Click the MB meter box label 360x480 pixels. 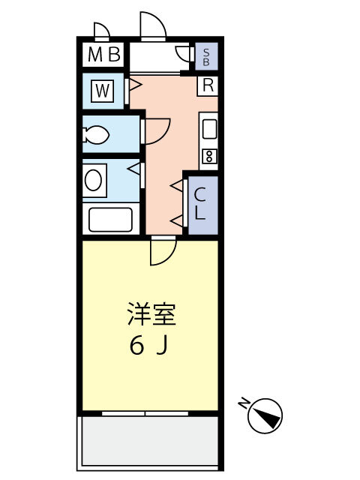[103, 55]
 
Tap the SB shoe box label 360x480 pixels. [206, 57]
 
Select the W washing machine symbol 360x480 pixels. [103, 91]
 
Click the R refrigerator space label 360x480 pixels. [208, 85]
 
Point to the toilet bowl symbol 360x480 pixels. [95, 135]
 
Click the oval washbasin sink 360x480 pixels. [93, 180]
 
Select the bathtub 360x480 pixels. [111, 220]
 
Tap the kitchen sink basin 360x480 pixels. [209, 129]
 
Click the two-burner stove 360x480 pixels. [209, 156]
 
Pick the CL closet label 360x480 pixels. [200, 203]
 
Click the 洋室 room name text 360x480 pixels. [151, 314]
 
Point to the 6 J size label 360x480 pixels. [149, 346]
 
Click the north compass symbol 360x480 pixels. [265, 415]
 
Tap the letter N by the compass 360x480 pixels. [243, 403]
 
